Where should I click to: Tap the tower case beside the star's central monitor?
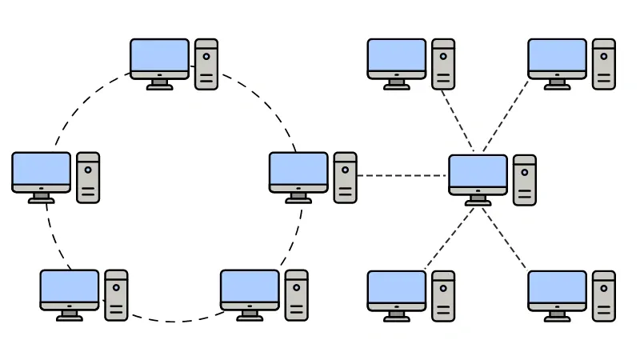pos(525,180)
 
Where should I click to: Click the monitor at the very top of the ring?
pos(160,58)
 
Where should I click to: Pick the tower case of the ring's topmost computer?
pos(206,64)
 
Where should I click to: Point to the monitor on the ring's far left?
pos(42,171)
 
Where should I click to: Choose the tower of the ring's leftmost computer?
pos(88,178)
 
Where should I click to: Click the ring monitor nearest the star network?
pos(298,171)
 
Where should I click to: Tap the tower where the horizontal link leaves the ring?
pos(346,178)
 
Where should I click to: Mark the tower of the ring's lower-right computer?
pos(296,295)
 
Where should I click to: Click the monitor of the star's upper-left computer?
pos(397,58)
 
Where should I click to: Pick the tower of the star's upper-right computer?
pos(604,64)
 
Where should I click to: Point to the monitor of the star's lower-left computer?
pos(397,289)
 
